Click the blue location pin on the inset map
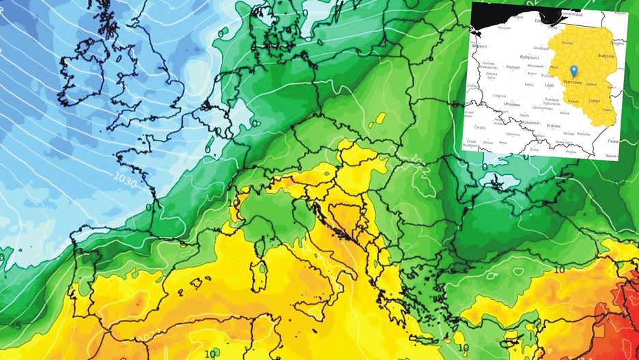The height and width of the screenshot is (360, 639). pyautogui.click(x=573, y=70)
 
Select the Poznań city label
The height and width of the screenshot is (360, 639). pyautogui.click(x=513, y=68)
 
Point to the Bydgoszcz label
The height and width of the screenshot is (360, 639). pyautogui.click(x=530, y=56)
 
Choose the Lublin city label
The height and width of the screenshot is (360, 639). pyautogui.click(x=594, y=100)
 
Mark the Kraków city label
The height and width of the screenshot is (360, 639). pyautogui.click(x=553, y=126)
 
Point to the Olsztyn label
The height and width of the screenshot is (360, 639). pyautogui.click(x=567, y=42)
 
